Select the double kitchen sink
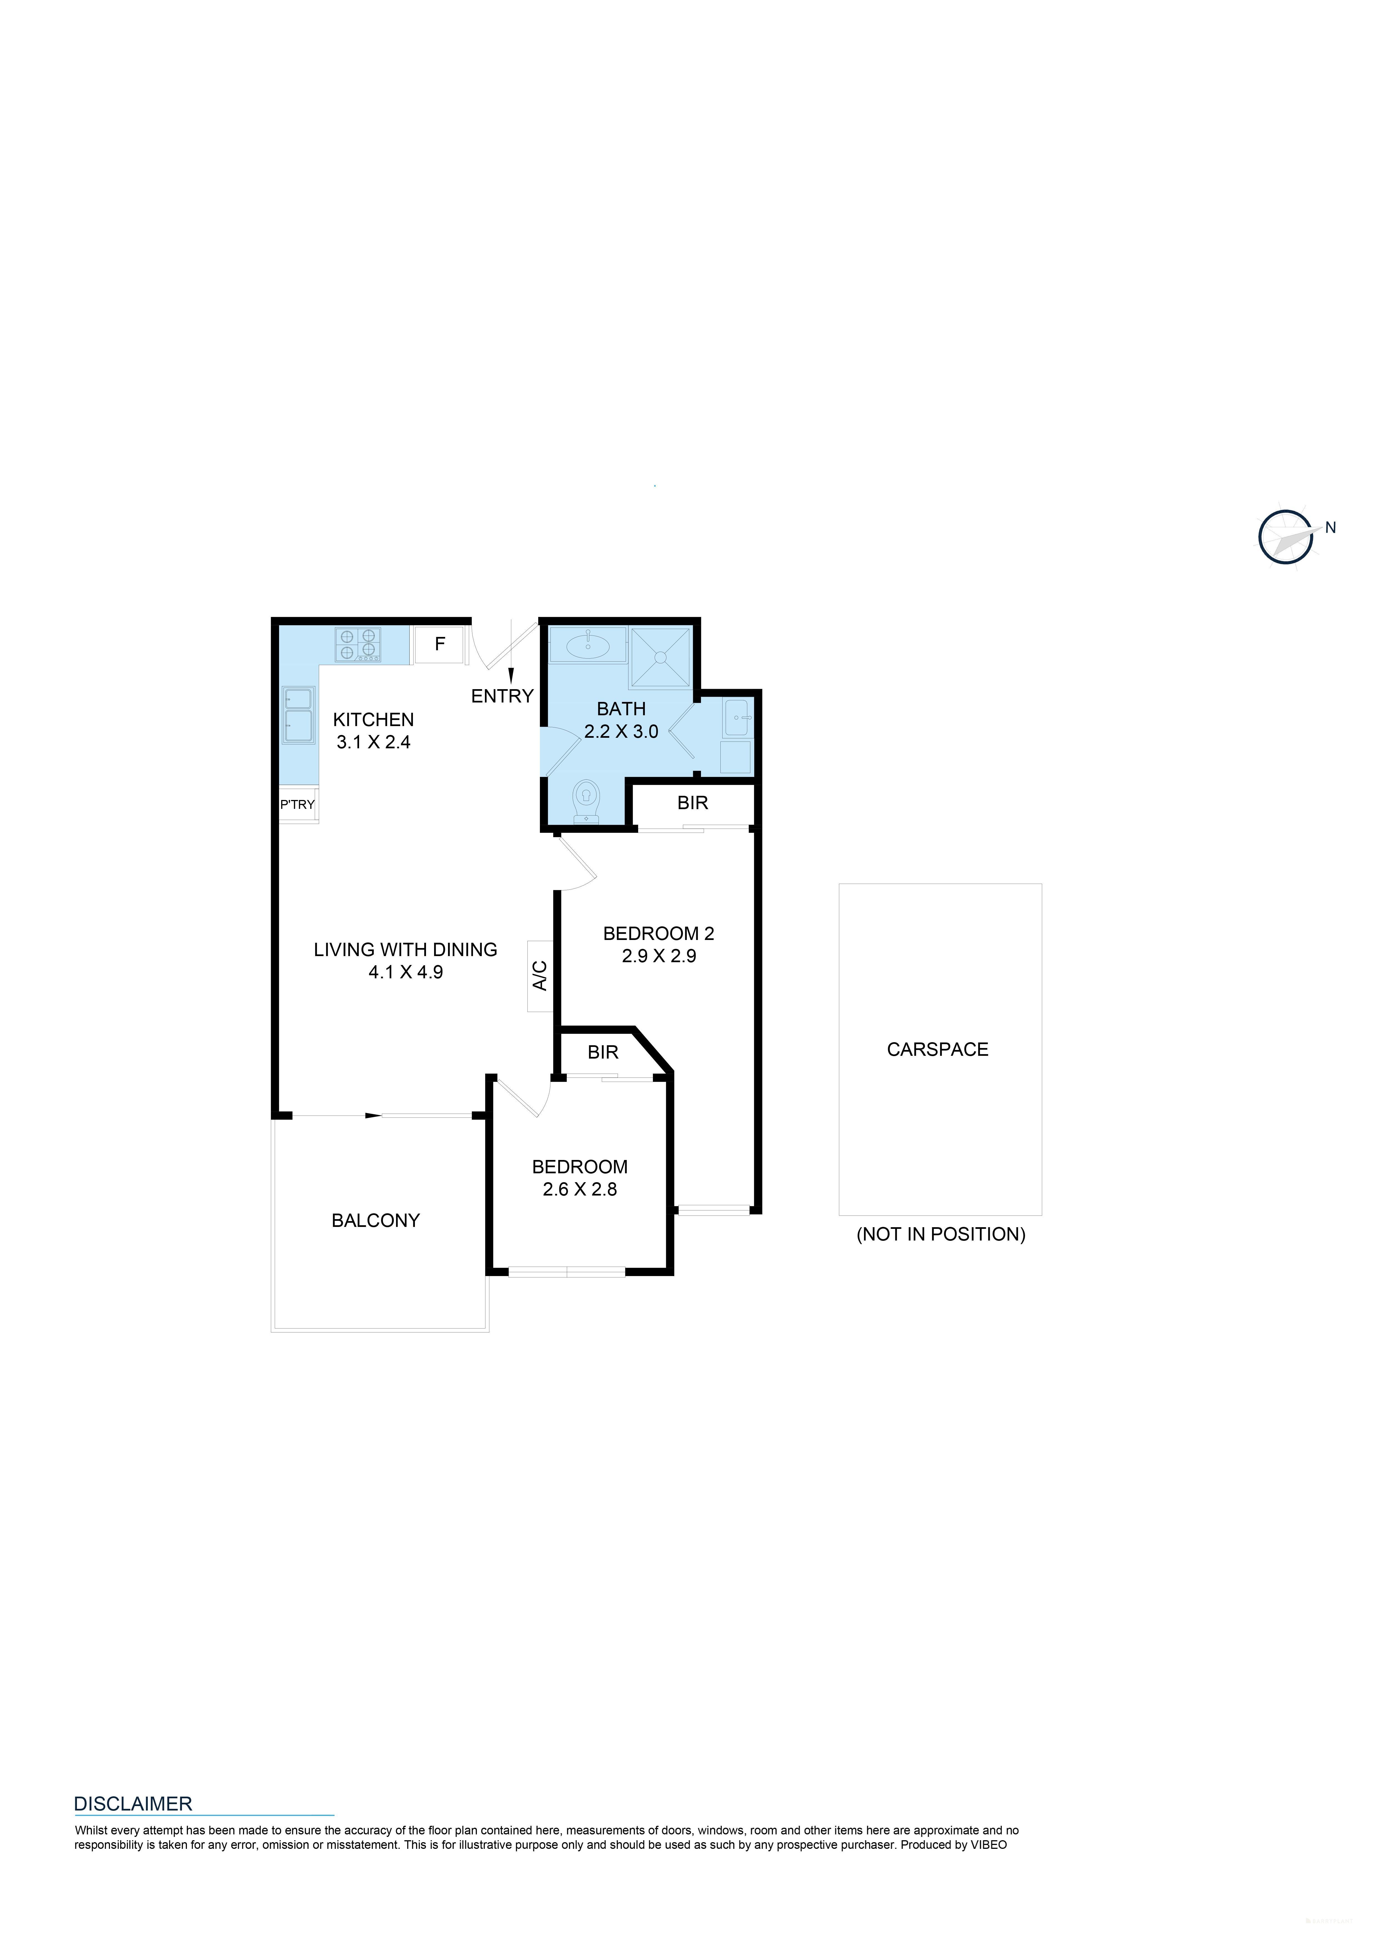tap(298, 714)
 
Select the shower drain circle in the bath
tap(660, 657)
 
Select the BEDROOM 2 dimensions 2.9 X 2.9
tap(658, 956)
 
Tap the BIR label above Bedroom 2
tap(692, 803)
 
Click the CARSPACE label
tap(938, 1050)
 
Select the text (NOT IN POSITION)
tap(940, 1235)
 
